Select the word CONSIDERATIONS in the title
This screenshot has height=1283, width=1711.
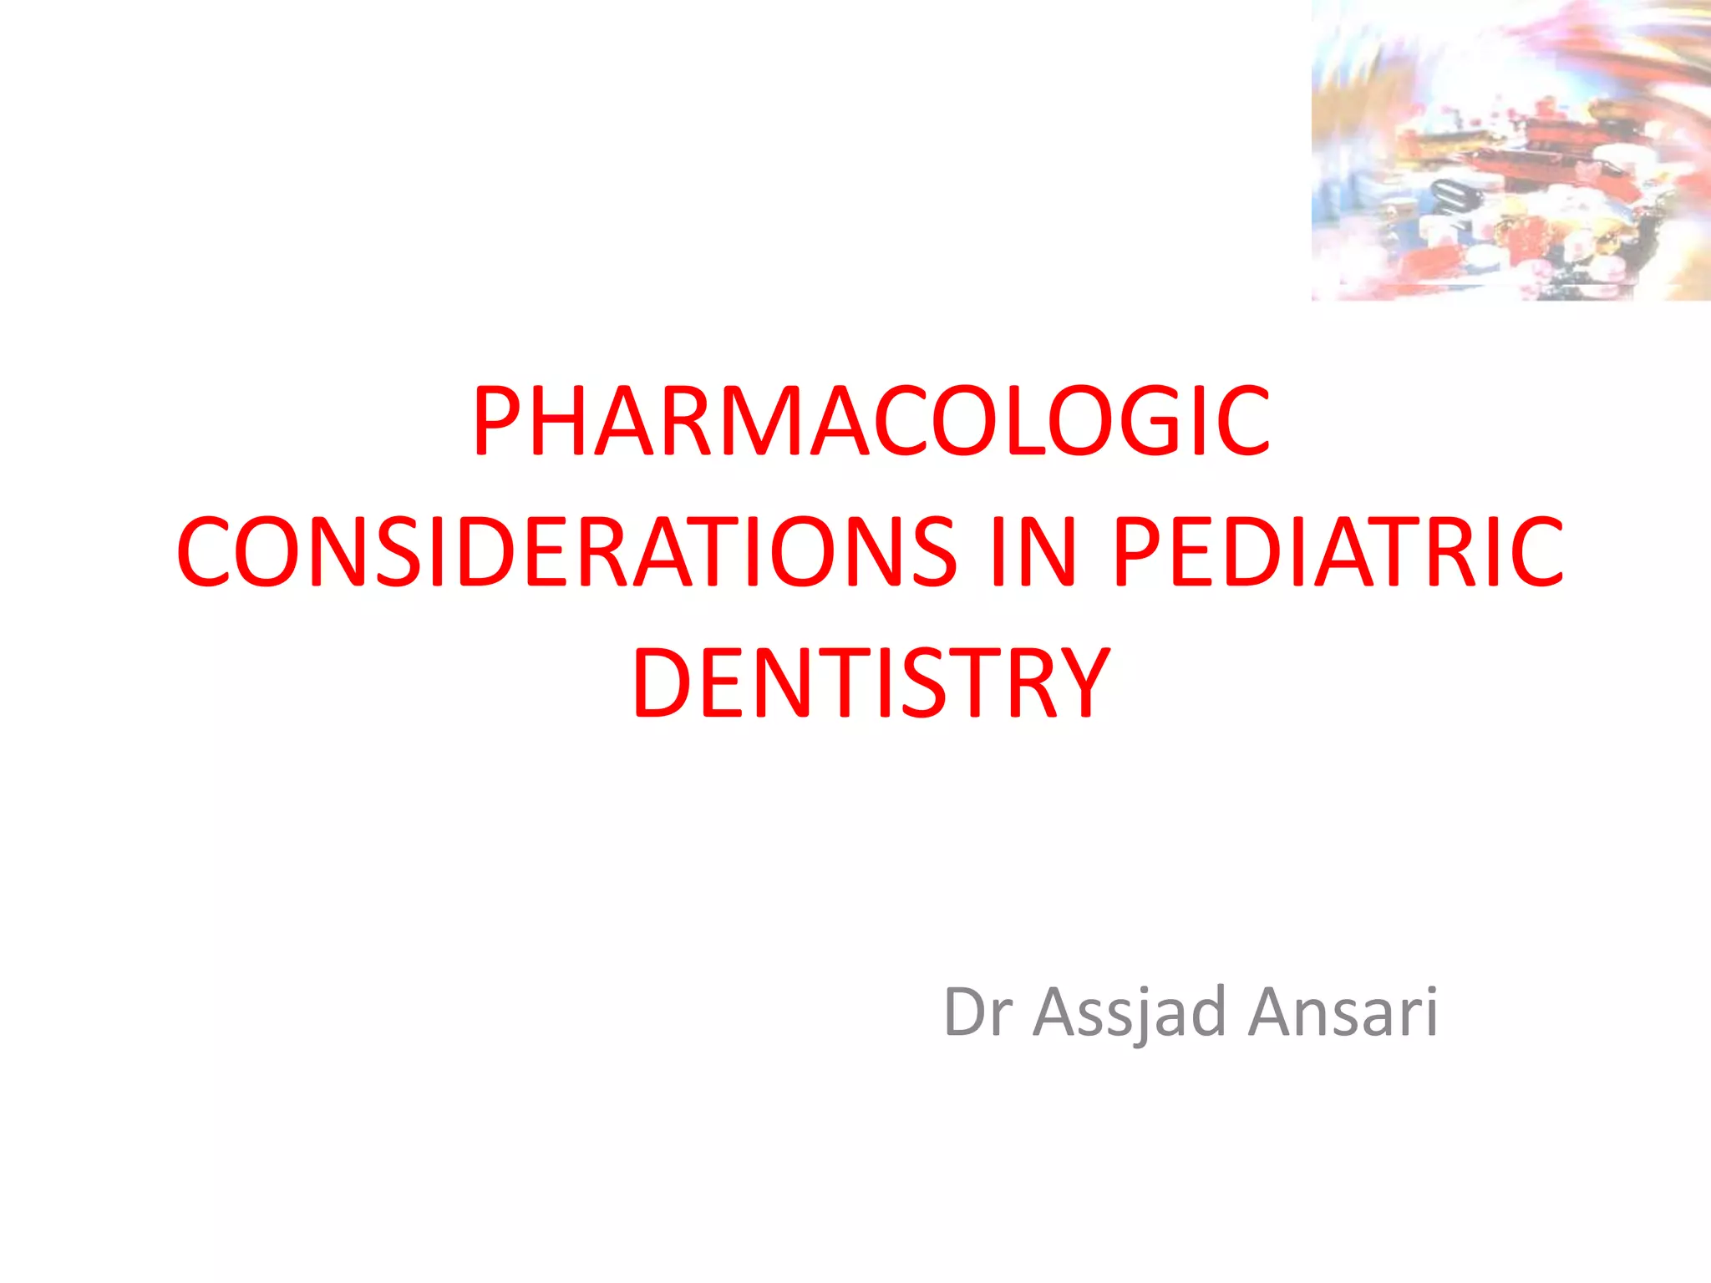click(x=566, y=551)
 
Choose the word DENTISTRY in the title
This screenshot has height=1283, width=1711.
click(x=871, y=682)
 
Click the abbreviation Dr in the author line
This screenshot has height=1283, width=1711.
click(x=977, y=1012)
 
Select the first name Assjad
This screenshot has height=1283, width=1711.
click(x=1129, y=1012)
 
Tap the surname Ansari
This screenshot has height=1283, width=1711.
click(x=1343, y=1012)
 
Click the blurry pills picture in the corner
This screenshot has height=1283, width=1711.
click(x=1510, y=150)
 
